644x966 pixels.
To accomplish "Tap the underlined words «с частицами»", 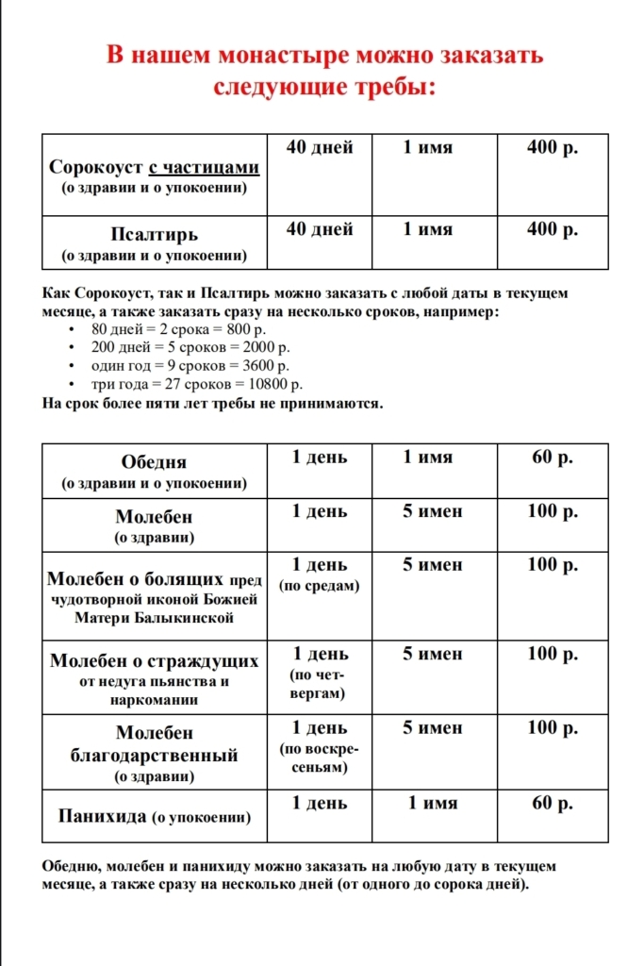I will tap(204, 167).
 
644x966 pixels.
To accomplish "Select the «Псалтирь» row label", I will tap(154, 234).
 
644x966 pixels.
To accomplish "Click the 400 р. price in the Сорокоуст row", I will tap(553, 147).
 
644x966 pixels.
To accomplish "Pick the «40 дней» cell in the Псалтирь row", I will tap(320, 229).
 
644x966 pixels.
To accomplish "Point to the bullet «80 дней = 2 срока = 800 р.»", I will tap(179, 329).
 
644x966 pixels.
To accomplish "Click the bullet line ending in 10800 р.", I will tap(197, 384).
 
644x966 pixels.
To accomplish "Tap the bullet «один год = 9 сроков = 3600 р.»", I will tap(190, 366).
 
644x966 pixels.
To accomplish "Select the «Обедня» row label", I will tap(154, 462).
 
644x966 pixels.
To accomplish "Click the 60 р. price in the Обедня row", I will tap(553, 458).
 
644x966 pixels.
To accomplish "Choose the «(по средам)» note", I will tap(320, 586).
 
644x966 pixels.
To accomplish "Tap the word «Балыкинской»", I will tap(154, 619).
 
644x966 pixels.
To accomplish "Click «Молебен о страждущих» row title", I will tap(154, 660).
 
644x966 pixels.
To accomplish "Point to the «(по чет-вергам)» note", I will tap(320, 685).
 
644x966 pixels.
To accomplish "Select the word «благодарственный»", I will tap(154, 756).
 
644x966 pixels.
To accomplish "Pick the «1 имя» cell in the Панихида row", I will tap(433, 803).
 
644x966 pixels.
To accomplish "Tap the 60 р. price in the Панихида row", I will tap(553, 803).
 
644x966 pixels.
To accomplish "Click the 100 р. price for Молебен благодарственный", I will tap(553, 728).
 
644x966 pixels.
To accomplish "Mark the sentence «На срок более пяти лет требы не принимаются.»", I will tap(213, 404).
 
